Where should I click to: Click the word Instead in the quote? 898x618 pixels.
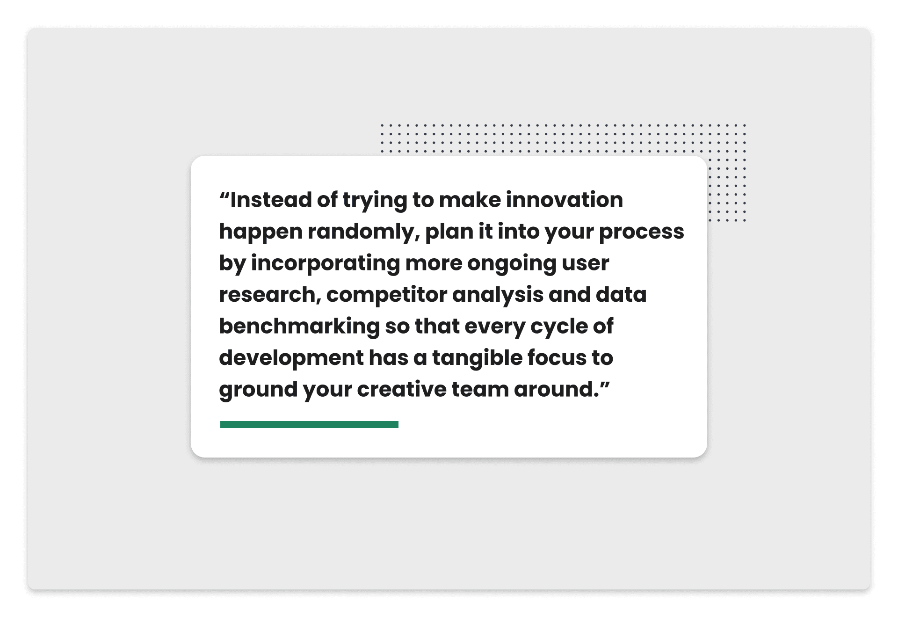(271, 200)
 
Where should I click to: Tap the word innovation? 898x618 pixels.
(565, 200)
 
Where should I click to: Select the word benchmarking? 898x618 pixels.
(299, 327)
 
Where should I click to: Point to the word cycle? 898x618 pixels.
(559, 327)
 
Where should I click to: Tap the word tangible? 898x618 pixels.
(477, 358)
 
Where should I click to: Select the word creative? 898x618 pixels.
(402, 390)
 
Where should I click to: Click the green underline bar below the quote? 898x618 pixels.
(309, 424)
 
